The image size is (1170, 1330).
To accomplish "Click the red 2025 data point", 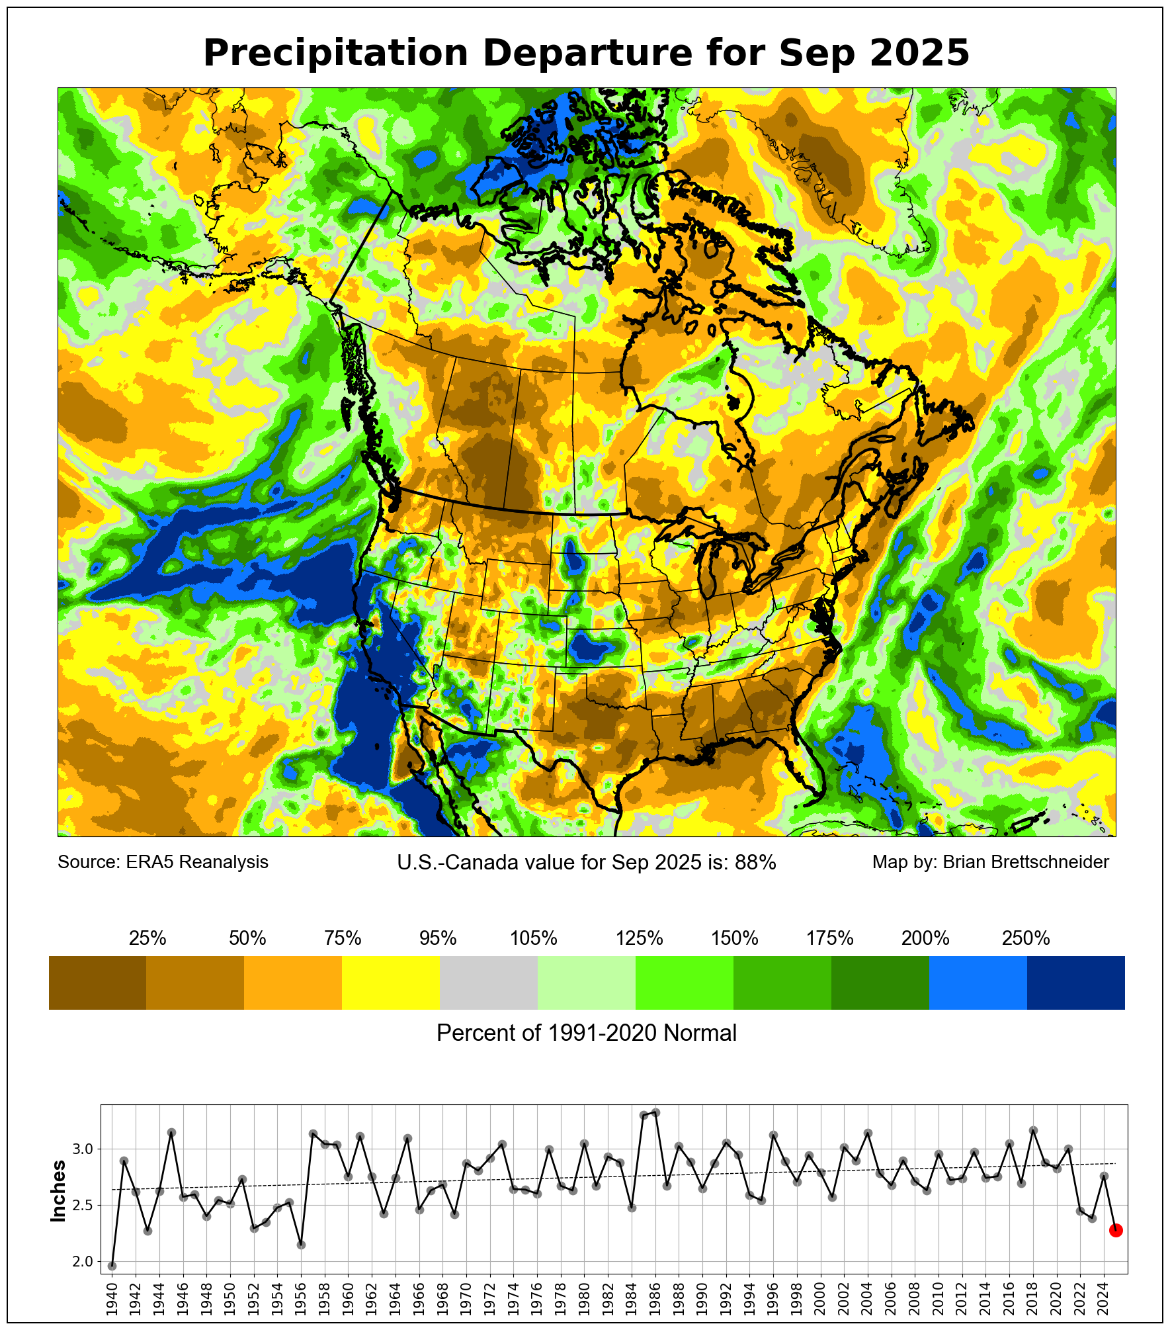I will [x=1115, y=1230].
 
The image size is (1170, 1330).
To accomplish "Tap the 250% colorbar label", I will [x=1026, y=938].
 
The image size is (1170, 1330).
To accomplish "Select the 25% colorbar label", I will [x=147, y=938].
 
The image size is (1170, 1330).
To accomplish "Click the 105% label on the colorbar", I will [x=534, y=938].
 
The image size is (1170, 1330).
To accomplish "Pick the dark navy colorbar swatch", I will [x=1075, y=983].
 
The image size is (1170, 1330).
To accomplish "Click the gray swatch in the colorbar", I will [x=489, y=983].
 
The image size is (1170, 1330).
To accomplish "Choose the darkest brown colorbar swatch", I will [x=97, y=983].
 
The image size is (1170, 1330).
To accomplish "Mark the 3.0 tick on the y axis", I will [x=83, y=1149].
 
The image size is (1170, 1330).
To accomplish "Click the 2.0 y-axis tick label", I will [x=83, y=1262].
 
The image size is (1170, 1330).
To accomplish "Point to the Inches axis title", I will [x=59, y=1191].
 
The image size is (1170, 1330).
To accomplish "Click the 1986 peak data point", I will [x=655, y=1112].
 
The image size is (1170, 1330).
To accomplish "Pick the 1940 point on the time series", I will [x=112, y=1266].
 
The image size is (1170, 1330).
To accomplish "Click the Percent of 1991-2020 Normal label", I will [x=587, y=1033].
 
